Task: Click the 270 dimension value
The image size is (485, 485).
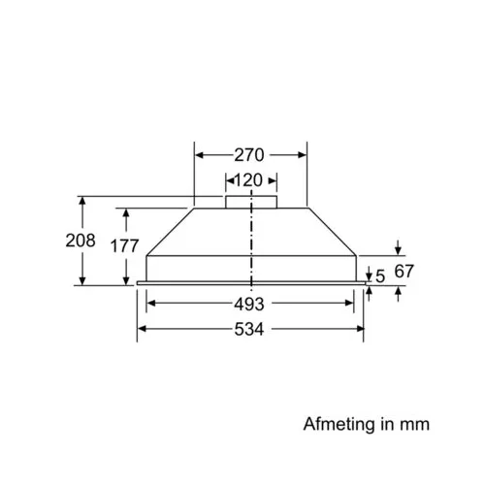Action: point(249,155)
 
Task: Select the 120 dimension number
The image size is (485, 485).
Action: point(248,180)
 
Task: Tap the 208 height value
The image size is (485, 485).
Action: point(81,241)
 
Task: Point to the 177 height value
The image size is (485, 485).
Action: point(124,245)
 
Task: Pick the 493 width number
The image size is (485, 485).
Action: point(249,304)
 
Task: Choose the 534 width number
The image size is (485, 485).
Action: point(249,330)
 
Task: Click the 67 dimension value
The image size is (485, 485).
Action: point(404,271)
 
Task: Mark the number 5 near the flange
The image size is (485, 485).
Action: point(380,276)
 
